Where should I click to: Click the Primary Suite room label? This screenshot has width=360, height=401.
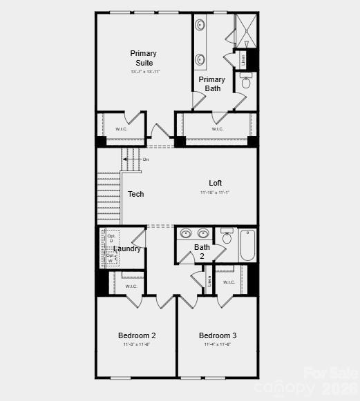coord(143,58)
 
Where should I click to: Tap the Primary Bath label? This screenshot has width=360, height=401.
coord(212,84)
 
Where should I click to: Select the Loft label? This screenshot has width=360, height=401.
coord(216,183)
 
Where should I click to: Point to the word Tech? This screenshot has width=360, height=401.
coord(135,194)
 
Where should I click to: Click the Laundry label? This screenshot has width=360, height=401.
coord(127,248)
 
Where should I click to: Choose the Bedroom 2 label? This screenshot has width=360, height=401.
coord(137,335)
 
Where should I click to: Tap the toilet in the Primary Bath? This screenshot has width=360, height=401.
coord(246,83)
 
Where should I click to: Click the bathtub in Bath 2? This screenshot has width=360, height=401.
coord(247,246)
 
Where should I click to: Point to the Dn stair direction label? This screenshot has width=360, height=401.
coord(146,159)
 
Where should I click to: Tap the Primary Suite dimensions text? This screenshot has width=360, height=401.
coord(145,72)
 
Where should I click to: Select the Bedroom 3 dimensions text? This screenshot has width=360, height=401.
coord(217,344)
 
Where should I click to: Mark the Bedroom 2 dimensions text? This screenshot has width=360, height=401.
coord(137,344)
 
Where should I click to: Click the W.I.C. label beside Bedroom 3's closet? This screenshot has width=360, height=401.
coord(229,282)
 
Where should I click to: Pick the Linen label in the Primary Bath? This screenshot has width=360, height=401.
coord(243,60)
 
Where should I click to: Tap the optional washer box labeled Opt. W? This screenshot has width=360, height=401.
coord(111,257)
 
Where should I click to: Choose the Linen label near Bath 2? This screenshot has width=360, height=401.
coord(209,281)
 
